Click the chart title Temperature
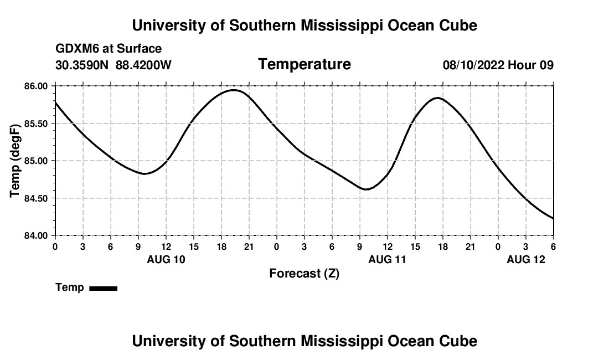(304, 64)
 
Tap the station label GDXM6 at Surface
(109, 49)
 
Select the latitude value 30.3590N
(83, 65)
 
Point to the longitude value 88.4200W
(143, 65)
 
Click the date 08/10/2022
(473, 65)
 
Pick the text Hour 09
(531, 65)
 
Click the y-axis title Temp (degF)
(16, 161)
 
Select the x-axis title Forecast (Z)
(304, 273)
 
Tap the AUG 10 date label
(166, 259)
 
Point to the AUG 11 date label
(388, 259)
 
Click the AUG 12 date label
(526, 259)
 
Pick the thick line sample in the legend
(103, 288)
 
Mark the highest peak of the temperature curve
(234, 90)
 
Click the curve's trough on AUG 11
(367, 189)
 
